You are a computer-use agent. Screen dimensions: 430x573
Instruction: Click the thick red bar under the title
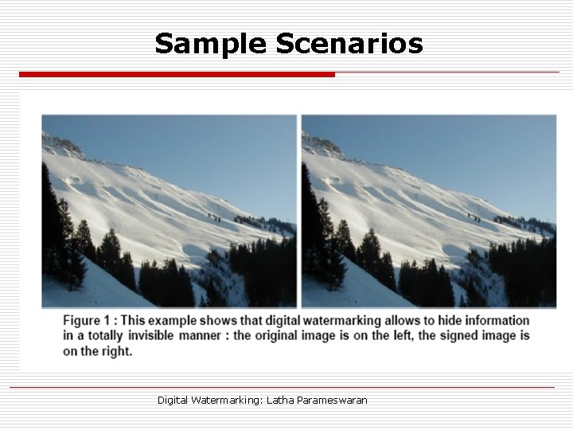click(177, 74)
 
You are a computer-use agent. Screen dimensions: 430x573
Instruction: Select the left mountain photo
click(169, 210)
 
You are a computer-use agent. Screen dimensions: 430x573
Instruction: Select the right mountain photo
click(428, 210)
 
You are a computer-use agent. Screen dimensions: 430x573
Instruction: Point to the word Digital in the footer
click(173, 400)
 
